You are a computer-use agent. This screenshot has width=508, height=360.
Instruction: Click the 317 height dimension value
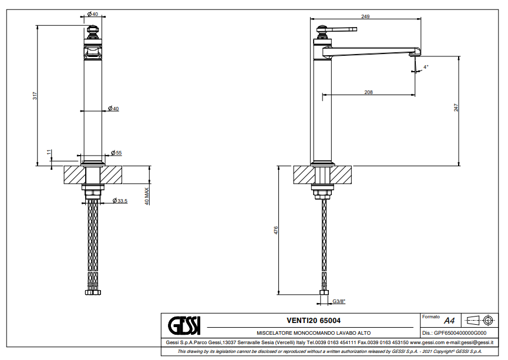coord(35,96)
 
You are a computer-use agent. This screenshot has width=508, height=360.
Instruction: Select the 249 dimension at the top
coord(365,16)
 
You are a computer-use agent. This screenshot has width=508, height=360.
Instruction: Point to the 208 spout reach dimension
coord(368,92)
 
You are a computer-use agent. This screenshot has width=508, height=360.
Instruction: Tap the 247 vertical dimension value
coord(456,107)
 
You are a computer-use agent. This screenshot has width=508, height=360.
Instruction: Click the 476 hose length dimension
coord(275,231)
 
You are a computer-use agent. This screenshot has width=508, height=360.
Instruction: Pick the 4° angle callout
coord(426,67)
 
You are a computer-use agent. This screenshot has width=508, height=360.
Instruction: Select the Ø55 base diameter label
coord(116,153)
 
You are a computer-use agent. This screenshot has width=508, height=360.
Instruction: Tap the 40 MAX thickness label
coord(147,196)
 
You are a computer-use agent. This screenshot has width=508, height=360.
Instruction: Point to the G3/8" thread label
coord(339,302)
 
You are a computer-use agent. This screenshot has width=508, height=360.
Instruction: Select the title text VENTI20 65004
coord(313,321)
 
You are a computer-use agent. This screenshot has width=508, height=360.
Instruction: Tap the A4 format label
coord(449,321)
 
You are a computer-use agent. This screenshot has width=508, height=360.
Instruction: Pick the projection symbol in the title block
coord(478,320)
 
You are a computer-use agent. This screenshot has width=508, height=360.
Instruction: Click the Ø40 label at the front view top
coord(92,14)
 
